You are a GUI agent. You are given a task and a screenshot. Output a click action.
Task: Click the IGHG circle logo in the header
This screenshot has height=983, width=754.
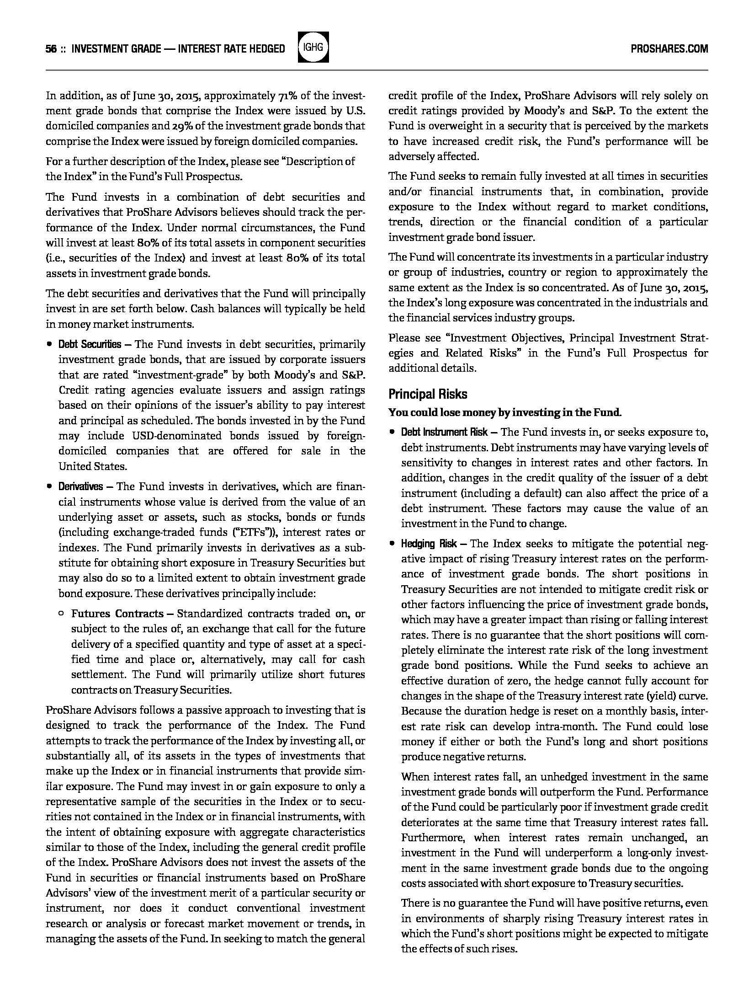pyautogui.click(x=313, y=48)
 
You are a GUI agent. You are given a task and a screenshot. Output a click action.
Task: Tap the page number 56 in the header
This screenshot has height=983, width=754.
pyautogui.click(x=51, y=49)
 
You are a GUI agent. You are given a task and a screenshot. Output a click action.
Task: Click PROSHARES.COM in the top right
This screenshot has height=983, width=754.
pyautogui.click(x=669, y=49)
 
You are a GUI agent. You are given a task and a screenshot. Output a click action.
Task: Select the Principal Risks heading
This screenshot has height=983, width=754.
pyautogui.click(x=428, y=394)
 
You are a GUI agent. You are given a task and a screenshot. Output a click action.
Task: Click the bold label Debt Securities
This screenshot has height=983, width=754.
pyautogui.click(x=90, y=344)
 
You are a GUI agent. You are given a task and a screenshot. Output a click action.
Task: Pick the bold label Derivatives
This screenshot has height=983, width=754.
pyautogui.click(x=80, y=486)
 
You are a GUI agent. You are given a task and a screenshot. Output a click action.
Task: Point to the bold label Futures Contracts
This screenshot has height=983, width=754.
pyautogui.click(x=117, y=614)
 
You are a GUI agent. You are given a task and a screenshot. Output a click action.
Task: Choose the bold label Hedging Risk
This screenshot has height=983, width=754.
pyautogui.click(x=429, y=544)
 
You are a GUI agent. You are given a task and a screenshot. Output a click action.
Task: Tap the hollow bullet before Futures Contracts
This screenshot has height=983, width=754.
pyautogui.click(x=61, y=614)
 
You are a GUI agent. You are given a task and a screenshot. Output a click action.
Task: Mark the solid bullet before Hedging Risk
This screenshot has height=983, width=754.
pyautogui.click(x=392, y=544)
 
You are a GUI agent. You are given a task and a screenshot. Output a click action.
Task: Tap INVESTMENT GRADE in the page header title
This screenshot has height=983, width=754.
pyautogui.click(x=117, y=49)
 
